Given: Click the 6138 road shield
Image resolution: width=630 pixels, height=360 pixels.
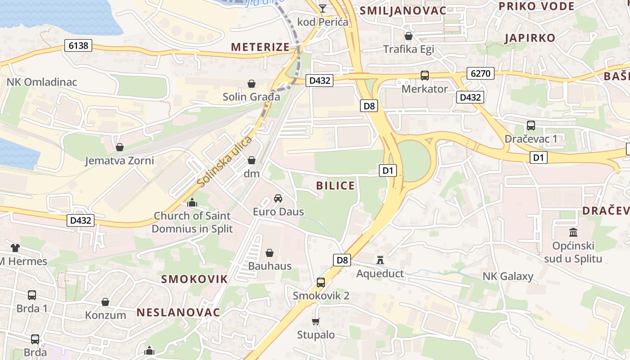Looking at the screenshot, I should point(78,45).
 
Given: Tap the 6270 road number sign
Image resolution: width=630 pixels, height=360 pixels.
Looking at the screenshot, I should point(481,73).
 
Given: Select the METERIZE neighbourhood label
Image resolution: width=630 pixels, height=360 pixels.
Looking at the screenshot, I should point(261,47).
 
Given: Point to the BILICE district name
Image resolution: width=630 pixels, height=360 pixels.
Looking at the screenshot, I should point(335,186).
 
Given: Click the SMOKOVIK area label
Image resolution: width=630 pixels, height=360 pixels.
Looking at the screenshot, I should point(194,279).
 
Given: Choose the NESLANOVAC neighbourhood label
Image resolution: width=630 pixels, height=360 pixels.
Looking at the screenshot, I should point(178,312).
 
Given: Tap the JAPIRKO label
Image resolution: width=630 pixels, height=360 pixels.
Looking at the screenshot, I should point(530,38).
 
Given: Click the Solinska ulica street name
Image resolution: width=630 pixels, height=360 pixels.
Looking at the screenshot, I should point(225,161).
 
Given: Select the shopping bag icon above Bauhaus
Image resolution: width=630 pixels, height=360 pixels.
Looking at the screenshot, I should point(270,253).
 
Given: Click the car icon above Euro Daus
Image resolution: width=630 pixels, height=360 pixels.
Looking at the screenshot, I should point(278,198).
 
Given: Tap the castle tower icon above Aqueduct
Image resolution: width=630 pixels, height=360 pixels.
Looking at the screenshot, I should point(380,260).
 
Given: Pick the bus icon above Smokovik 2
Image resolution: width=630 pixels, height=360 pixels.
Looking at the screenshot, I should point(321,283).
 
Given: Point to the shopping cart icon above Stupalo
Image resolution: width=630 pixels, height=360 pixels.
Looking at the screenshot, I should point(315,321).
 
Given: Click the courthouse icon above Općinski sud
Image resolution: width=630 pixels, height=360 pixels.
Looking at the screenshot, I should point(573,233).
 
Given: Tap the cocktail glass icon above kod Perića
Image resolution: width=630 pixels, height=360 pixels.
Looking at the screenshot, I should point(323,8).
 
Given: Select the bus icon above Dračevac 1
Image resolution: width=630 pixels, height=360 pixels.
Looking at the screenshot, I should point(531,126).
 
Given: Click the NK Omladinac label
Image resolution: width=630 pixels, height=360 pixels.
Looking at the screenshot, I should point(41,82).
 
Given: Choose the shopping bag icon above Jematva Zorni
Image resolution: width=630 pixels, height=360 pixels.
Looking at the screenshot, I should point(120,147).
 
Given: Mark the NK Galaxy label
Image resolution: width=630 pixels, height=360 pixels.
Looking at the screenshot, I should point(508,276).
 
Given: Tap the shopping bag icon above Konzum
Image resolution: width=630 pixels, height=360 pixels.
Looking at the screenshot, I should point(105,301).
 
